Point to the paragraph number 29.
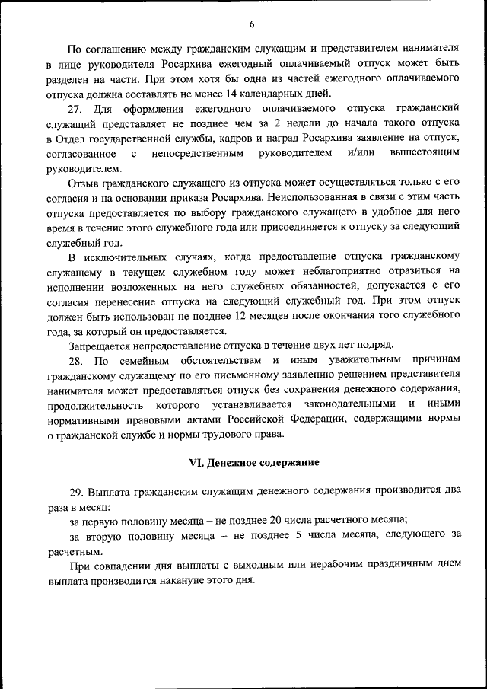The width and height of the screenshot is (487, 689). pyautogui.click(x=76, y=492)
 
